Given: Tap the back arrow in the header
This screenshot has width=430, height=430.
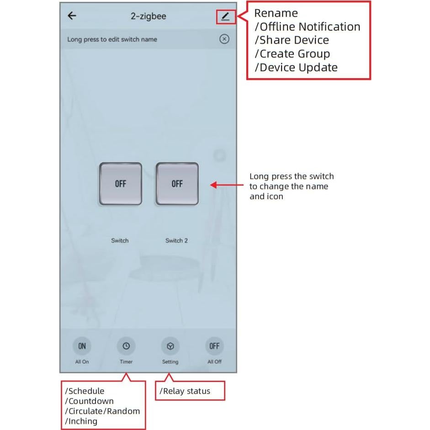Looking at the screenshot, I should [x=72, y=16].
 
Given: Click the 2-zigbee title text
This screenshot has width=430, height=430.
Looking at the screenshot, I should [x=149, y=16].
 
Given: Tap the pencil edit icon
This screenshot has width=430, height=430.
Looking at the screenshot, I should [x=225, y=16].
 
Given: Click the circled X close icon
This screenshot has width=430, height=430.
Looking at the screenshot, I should [x=224, y=39].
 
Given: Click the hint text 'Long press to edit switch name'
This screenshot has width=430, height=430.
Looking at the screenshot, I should [x=112, y=39].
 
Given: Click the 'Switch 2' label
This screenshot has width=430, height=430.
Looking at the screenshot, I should [x=177, y=240].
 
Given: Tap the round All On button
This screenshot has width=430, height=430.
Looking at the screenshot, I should [x=82, y=346].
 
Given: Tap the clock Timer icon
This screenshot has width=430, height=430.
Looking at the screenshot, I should [x=126, y=346].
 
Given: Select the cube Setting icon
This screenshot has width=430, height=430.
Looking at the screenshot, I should [x=170, y=346].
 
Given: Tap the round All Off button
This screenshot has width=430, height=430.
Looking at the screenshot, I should [x=214, y=346].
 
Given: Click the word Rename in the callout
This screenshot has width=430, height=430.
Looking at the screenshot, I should [x=276, y=13].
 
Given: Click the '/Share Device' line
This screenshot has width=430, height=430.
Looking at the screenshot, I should [x=292, y=40].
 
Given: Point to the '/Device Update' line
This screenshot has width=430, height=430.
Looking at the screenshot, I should [x=296, y=68].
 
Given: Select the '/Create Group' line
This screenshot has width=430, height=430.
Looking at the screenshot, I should [x=292, y=54].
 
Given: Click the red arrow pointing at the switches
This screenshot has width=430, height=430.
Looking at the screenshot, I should [x=227, y=185].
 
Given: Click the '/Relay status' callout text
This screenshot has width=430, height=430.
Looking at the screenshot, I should [x=185, y=391].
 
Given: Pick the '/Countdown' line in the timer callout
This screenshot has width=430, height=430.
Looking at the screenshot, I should [x=89, y=401].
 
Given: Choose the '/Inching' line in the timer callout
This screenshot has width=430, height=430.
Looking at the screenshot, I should [x=81, y=421].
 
